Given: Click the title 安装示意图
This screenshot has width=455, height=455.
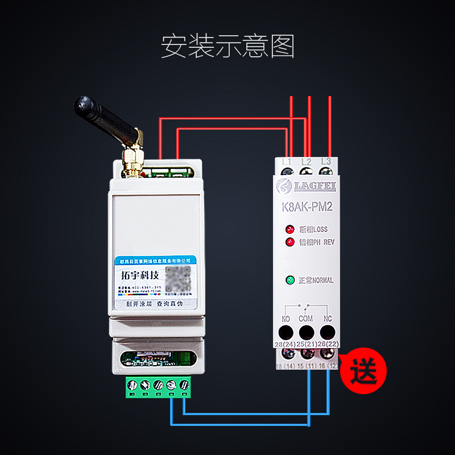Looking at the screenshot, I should tap(227, 47).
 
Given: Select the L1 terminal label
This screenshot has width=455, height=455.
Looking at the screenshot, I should tap(287, 162).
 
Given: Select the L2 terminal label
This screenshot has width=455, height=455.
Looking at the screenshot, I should tap(306, 162).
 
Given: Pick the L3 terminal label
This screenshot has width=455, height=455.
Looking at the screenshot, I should tap(326, 162).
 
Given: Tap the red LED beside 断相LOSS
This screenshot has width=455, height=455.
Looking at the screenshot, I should tap(291, 230).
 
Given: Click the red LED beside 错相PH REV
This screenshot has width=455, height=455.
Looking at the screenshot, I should tap(291, 242).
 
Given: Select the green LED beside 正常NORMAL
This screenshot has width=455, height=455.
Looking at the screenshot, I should tap(291, 280).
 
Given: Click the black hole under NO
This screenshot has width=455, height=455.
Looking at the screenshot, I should tap(286, 333).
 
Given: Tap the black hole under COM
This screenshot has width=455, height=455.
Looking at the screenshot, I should tap(306, 333).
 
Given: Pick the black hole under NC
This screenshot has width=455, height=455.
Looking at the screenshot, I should tap(326, 333).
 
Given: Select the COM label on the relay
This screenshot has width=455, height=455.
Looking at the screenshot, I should tap(306, 318).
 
